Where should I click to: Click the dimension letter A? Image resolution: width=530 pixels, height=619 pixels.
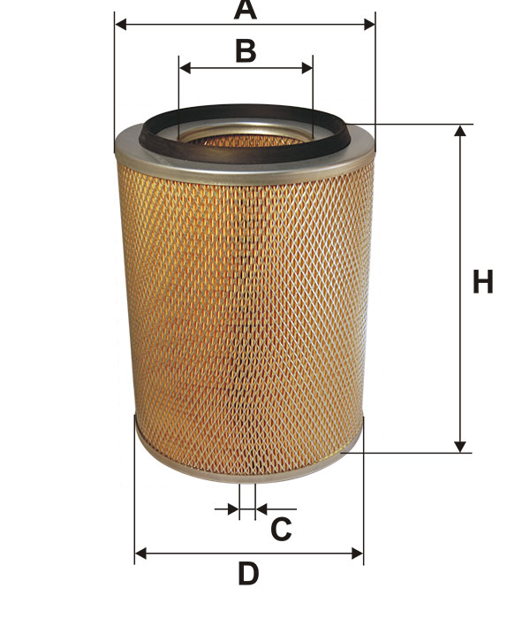(246, 10)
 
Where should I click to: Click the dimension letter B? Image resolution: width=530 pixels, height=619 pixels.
(246, 51)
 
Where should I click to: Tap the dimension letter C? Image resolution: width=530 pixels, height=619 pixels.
(281, 529)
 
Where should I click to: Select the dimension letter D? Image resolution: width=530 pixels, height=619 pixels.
(249, 574)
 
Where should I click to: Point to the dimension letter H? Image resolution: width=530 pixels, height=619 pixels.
(482, 282)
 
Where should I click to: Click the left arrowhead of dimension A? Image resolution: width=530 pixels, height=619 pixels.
(120, 24)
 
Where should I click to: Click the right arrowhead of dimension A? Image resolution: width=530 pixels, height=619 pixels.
(369, 24)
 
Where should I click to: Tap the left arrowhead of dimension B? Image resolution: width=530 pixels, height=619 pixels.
(185, 68)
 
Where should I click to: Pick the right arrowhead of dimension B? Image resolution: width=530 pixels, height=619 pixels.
(307, 68)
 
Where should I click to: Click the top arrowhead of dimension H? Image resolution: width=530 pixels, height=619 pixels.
(460, 131)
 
